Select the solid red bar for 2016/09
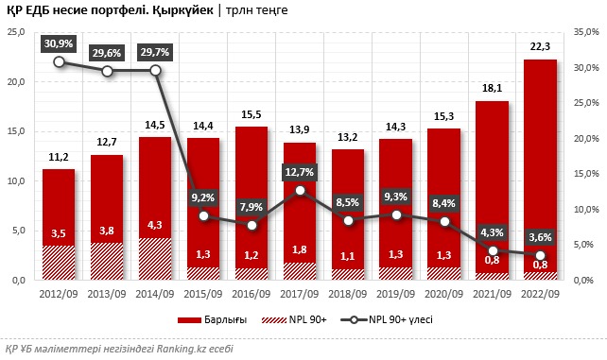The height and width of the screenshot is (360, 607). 251,180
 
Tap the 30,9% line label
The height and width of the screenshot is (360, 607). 59,43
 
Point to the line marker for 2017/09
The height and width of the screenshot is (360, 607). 300,191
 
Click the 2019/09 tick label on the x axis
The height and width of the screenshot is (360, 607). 396,293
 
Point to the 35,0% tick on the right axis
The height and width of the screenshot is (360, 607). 587,32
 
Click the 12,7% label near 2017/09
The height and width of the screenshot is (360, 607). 300,172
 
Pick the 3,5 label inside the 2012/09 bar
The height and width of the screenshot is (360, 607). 59,232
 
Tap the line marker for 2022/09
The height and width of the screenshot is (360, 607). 540,255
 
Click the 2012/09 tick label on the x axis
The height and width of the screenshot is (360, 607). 59,293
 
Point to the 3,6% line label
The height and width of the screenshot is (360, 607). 540,236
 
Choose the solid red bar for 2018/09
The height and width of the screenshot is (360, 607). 348,198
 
